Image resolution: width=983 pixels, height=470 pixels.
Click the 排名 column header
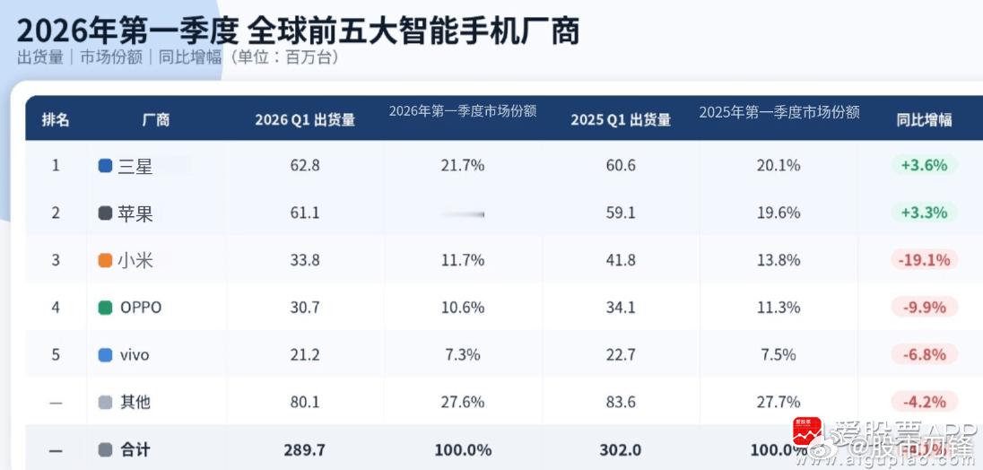tap(56, 119)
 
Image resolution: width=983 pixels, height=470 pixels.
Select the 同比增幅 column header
tap(924, 119)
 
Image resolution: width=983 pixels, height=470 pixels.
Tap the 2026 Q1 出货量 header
tap(305, 119)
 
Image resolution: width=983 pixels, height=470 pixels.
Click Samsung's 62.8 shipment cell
tap(305, 166)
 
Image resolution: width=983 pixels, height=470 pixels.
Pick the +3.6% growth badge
tap(924, 166)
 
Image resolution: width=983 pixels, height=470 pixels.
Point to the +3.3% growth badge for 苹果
tap(924, 213)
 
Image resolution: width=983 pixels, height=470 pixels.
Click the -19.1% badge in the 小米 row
tap(924, 260)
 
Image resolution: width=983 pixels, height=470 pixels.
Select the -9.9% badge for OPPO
tap(924, 308)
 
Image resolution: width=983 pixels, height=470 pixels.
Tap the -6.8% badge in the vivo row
tap(924, 354)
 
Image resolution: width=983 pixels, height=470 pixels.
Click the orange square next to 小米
tap(105, 260)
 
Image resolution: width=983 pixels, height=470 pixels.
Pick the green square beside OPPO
tap(105, 308)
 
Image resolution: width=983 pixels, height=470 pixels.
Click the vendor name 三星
tap(135, 166)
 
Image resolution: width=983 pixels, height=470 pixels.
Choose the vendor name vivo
tap(135, 354)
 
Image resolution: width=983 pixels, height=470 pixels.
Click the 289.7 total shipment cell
tap(305, 449)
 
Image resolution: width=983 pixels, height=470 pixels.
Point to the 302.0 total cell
tap(621, 449)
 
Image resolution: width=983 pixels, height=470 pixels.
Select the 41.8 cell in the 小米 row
tap(621, 260)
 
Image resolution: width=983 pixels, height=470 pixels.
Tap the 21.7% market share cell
tap(463, 166)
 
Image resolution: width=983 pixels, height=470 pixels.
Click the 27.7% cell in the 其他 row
tap(779, 402)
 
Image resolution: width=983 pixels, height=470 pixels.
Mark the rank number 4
tap(56, 308)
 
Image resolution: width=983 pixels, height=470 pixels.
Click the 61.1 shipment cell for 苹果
tap(305, 213)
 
